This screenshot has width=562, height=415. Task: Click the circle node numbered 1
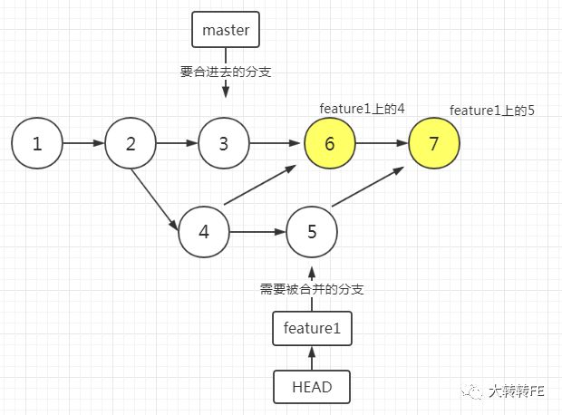pos(37,143)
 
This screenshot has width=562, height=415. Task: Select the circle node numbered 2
pos(131,143)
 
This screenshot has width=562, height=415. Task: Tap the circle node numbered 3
pos(224,143)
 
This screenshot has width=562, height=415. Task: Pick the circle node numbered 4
pos(204,231)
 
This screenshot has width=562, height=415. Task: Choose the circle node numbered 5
pos(312,231)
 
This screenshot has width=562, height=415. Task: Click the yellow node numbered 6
pos(329,143)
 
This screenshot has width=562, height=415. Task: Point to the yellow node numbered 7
pos(434,143)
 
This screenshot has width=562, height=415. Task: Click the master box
pos(226,30)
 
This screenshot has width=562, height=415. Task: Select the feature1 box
pos(311,328)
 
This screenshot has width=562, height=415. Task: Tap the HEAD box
pos(311,387)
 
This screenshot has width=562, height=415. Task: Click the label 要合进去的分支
pos(225,69)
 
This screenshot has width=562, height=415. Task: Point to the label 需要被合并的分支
pos(312,289)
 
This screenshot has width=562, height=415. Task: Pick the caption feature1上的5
pos(491,111)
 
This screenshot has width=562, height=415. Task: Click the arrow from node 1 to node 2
pos(83,143)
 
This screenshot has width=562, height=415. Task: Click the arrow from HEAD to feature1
pos(311,358)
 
